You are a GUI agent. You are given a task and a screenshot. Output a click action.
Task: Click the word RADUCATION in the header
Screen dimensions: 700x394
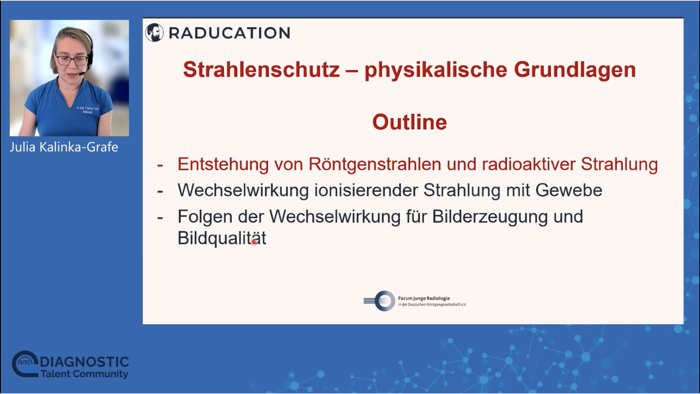(229, 33)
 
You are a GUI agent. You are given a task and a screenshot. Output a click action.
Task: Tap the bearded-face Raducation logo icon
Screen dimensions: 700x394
(155, 33)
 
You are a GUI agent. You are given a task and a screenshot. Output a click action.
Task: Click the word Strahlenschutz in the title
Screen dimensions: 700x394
(261, 70)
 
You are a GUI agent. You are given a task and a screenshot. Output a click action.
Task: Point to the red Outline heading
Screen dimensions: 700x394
(410, 122)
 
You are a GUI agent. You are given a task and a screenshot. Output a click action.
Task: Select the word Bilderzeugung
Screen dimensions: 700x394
(490, 217)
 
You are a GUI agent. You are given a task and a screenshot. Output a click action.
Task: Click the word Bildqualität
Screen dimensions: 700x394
(222, 238)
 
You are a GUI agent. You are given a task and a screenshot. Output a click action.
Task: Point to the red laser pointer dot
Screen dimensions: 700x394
(254, 241)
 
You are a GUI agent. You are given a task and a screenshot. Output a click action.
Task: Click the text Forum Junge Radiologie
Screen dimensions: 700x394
(424, 298)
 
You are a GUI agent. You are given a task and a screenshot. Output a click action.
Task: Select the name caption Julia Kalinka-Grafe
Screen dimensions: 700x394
(64, 147)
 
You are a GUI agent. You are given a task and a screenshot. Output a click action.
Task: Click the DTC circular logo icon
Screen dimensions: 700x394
(25, 364)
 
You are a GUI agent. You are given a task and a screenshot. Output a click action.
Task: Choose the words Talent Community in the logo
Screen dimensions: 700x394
(84, 374)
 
